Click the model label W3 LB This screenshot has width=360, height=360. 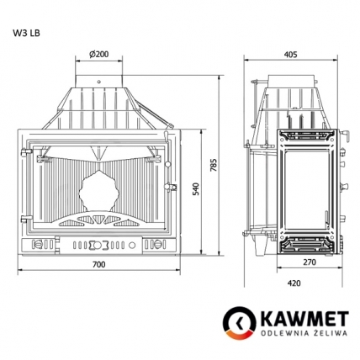tap(26, 34)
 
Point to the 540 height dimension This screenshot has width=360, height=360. tap(195, 190)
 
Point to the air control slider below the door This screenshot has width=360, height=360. tap(100, 247)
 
